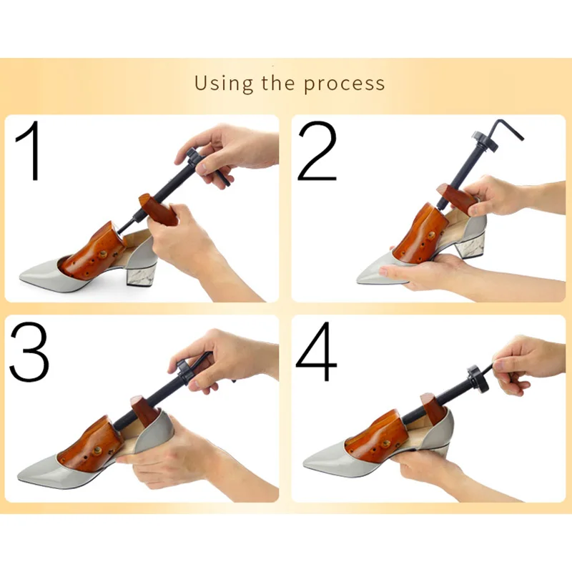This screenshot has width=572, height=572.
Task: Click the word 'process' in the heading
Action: (x=344, y=84)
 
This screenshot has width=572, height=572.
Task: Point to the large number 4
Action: (x=317, y=352)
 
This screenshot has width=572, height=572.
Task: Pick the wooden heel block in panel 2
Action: (x=455, y=197)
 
